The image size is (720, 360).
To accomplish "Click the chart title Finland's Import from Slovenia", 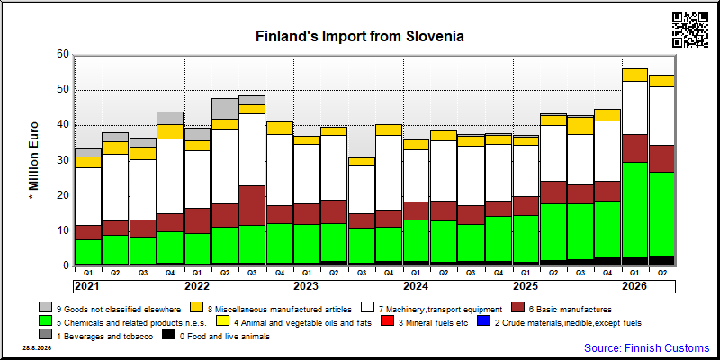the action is (359, 36).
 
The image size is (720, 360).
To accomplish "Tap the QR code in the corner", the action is (690, 30).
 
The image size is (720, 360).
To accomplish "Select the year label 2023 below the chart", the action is (306, 286).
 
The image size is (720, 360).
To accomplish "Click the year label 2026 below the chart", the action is (634, 286).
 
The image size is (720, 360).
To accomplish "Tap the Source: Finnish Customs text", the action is (646, 347).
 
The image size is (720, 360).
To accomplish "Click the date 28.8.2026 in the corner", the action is (37, 347).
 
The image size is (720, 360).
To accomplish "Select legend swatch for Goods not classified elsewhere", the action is (46, 308).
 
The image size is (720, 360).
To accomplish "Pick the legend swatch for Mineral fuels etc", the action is (388, 322).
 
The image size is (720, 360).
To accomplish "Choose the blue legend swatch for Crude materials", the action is (484, 322).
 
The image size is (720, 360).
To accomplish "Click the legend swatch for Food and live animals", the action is (169, 336).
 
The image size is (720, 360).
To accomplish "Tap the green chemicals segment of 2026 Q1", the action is (635, 210).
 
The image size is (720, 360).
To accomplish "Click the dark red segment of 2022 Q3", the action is (252, 206).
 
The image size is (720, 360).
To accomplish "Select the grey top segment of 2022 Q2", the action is (224, 109).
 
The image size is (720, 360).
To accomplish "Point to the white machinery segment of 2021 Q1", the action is (88, 196).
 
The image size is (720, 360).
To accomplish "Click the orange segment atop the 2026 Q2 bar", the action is (661, 81).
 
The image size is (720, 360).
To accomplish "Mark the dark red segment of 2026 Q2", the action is (661, 159).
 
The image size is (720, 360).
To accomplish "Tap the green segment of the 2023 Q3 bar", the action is (362, 246).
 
